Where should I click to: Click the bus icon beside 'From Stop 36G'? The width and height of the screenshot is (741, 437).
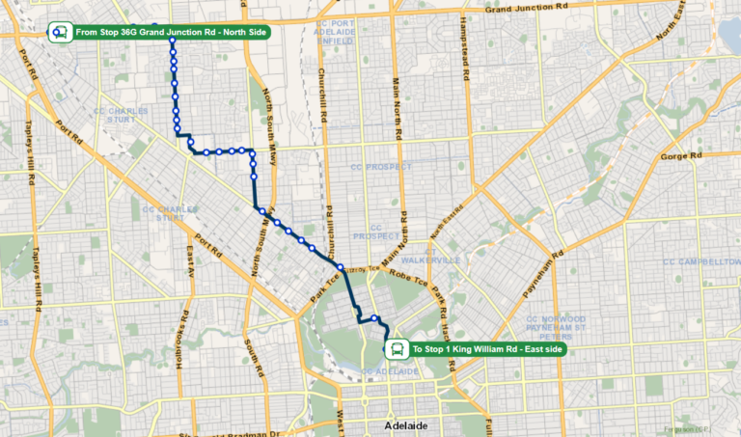tap(60, 32)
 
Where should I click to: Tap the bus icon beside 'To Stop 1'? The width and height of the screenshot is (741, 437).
tap(397, 349)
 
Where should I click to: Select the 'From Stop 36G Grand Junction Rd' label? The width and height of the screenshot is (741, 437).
tap(171, 32)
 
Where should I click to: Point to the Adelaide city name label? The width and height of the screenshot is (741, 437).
tap(398, 424)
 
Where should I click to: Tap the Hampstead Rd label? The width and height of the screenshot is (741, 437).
tap(464, 47)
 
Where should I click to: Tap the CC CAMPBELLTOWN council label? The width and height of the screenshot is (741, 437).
tap(700, 261)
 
